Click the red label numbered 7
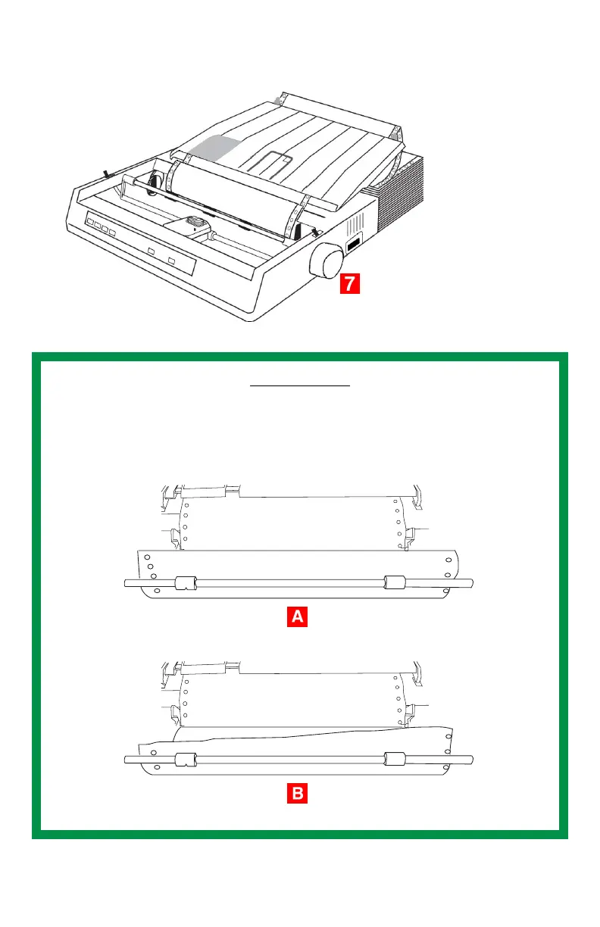[x=348, y=284]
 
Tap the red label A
[x=298, y=617]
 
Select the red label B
[x=298, y=794]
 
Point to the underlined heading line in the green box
[x=300, y=385]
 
